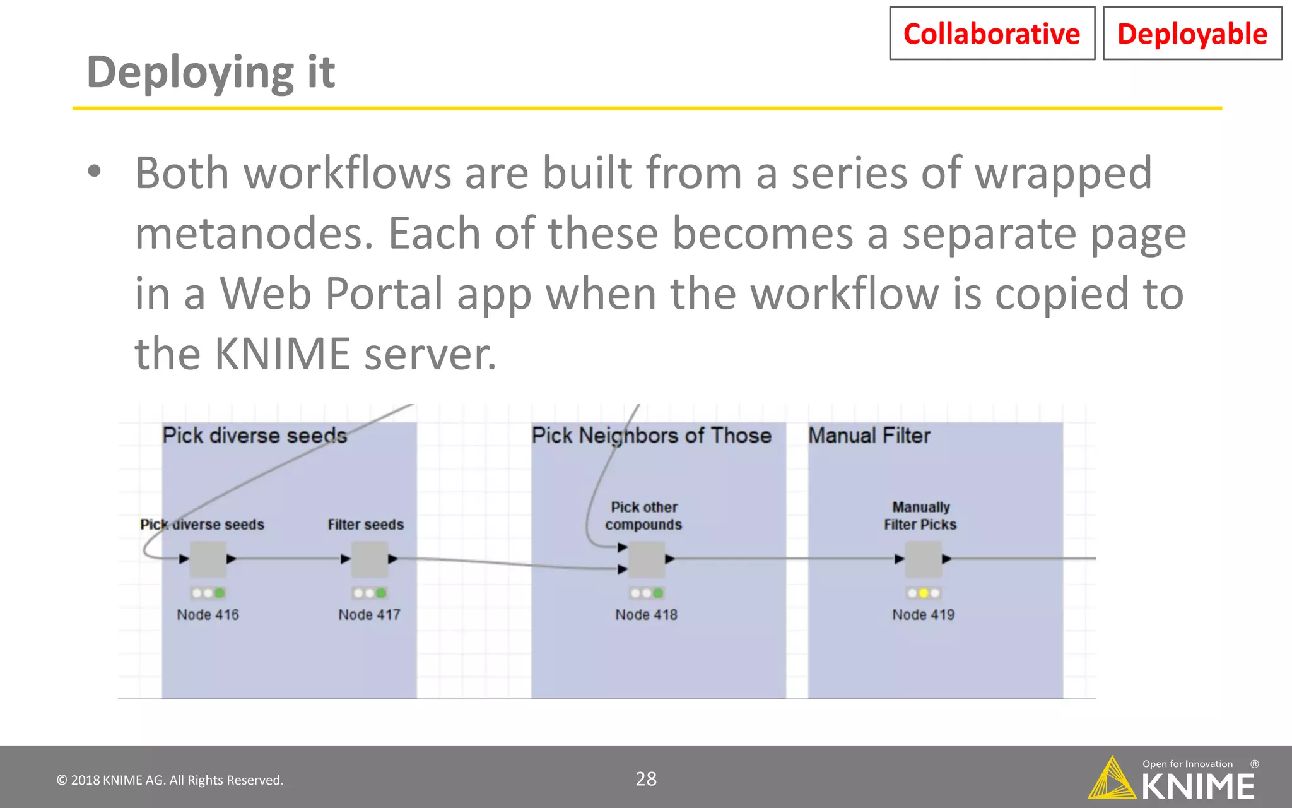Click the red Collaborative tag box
992,33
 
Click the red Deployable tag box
1192,33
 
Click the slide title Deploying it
211,72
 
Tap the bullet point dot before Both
95,171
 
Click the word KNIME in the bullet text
282,353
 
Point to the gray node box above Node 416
208,559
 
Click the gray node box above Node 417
370,559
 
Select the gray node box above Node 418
647,559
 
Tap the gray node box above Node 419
923,559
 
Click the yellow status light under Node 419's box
924,593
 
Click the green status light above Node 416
219,593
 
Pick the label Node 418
646,615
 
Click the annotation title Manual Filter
869,436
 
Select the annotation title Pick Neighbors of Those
652,436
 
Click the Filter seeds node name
366,525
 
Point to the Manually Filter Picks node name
920,516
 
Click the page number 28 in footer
646,779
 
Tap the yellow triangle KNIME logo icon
1112,780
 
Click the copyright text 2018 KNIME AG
170,780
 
